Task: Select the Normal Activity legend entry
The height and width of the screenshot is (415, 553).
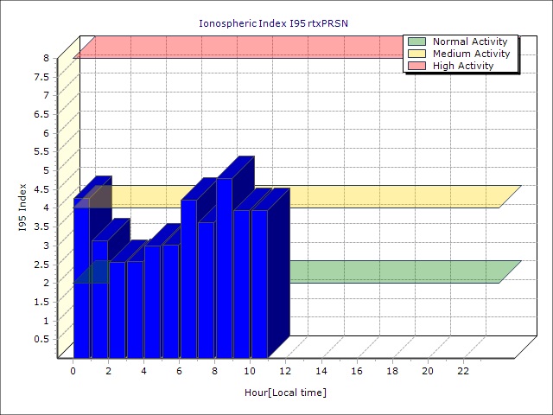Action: coord(469,41)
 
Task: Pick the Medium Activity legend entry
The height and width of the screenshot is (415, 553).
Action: coord(471,54)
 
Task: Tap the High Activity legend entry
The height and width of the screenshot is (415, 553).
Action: coord(463,66)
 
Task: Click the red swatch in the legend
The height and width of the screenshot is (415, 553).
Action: coord(417,66)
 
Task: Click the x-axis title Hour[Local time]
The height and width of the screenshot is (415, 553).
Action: coord(285,393)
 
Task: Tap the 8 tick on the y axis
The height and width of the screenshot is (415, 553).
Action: coord(46,58)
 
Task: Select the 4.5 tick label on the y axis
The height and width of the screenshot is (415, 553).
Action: coord(41,189)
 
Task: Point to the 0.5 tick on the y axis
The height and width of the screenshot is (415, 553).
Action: coord(41,339)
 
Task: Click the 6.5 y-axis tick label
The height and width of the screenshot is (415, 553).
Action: coord(41,114)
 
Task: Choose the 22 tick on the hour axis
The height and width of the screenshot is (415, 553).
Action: coord(463,371)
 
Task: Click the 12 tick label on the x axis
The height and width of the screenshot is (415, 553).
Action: coord(286,371)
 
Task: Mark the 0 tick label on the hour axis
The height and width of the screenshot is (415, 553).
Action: coord(73,371)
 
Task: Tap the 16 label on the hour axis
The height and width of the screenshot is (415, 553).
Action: coord(357,371)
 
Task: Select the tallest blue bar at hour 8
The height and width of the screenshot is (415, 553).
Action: coord(224,268)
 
